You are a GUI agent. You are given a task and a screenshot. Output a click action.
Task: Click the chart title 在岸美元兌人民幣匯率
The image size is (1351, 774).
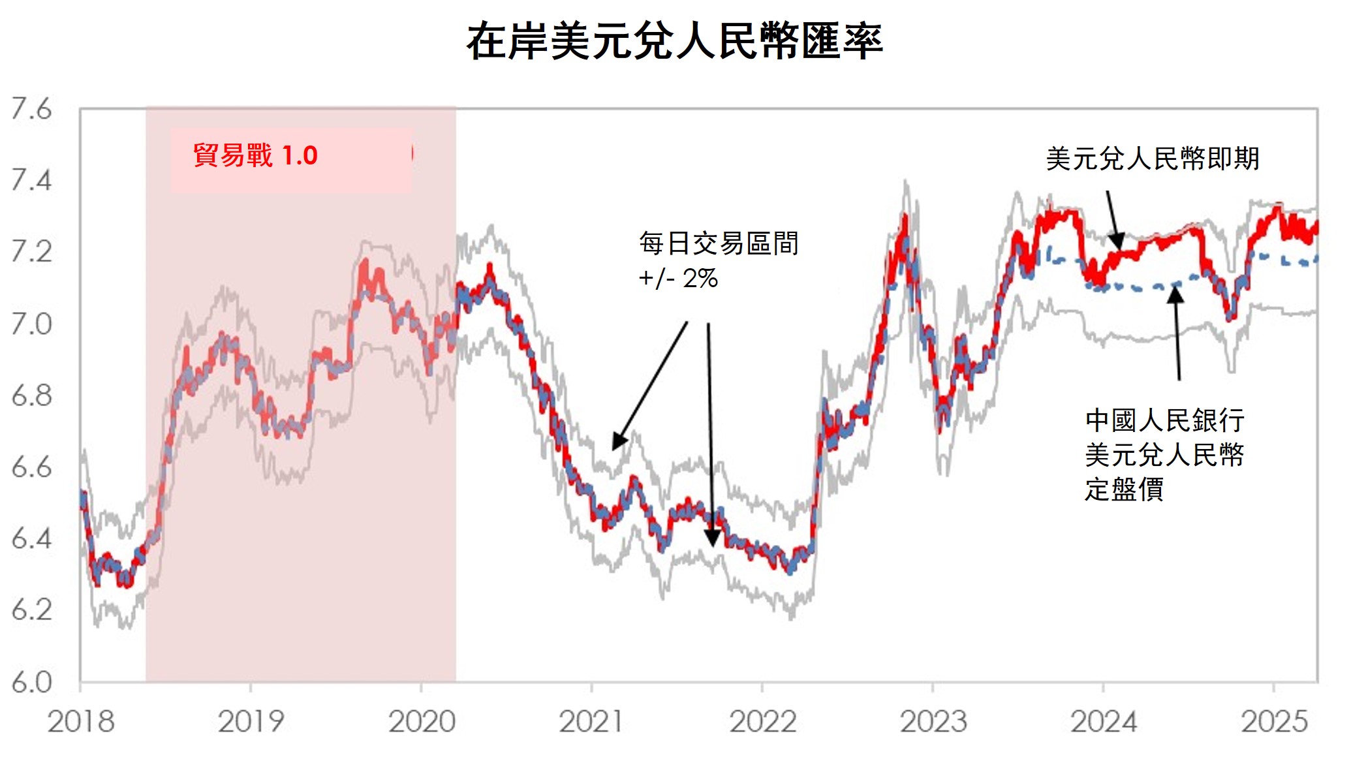tap(674, 41)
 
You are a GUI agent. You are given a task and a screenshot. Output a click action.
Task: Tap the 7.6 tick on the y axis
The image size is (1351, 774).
tap(31, 109)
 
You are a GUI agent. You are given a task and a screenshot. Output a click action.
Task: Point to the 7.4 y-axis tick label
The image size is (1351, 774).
tap(31, 180)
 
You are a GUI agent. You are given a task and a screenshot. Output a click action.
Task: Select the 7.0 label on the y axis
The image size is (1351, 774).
tap(31, 324)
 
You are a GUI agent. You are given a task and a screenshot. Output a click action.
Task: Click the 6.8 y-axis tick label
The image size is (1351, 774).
tap(31, 395)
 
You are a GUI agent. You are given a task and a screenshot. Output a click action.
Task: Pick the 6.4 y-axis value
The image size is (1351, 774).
tap(31, 539)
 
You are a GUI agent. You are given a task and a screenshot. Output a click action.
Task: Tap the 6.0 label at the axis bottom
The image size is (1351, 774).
tap(31, 682)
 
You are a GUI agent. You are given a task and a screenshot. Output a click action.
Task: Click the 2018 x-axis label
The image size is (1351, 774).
tap(81, 722)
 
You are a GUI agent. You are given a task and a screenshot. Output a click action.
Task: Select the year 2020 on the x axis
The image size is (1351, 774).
tap(422, 722)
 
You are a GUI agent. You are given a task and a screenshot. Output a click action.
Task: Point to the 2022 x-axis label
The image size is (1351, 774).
tap(762, 722)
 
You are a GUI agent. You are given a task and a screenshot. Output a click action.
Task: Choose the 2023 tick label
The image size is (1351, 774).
tap(933, 722)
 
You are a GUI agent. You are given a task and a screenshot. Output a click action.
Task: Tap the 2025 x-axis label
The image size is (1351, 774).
tap(1274, 722)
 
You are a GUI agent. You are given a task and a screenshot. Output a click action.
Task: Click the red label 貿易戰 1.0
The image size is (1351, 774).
tap(255, 156)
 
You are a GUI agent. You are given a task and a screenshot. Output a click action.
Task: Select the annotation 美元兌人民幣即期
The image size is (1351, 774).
tap(1153, 159)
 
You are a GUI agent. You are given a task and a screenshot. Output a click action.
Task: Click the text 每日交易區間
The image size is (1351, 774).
tap(719, 243)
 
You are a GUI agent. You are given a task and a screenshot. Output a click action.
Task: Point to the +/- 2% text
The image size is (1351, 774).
tap(678, 279)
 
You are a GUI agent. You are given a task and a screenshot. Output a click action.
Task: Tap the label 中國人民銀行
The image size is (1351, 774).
tap(1165, 420)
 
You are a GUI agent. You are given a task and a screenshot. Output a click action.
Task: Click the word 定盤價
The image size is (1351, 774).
tap(1124, 489)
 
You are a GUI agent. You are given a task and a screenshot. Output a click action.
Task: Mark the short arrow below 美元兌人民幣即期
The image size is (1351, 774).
tap(1113, 219)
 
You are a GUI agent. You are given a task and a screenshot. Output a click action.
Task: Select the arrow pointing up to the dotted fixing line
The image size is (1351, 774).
tap(1177, 333)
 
